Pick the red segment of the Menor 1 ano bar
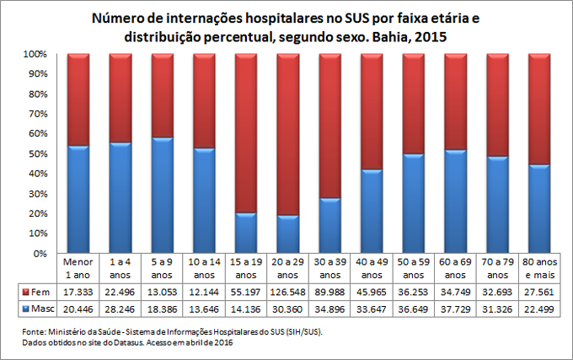pos(78,99)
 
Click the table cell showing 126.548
pos(288,291)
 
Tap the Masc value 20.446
pos(78,309)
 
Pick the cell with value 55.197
pos(246,291)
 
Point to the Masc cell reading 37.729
pos(456,309)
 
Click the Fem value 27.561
pos(539,291)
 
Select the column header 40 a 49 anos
pos(372,267)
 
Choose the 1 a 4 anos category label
pos(120,267)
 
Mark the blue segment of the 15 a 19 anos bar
pos(246,233)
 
